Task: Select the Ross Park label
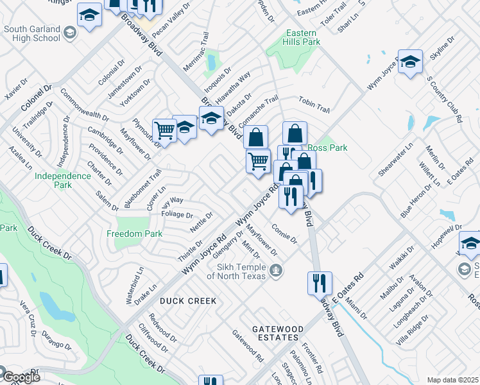pyautogui.click(x=327, y=148)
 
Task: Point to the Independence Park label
pyautogui.click(x=62, y=180)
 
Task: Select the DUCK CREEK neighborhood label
pyautogui.click(x=188, y=300)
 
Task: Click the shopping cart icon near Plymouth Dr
pyautogui.click(x=165, y=130)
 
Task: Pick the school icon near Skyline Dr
pyautogui.click(x=410, y=62)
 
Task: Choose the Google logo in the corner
pyautogui.click(x=21, y=377)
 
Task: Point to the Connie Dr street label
pyautogui.click(x=284, y=234)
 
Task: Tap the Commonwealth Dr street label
pyautogui.click(x=85, y=106)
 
